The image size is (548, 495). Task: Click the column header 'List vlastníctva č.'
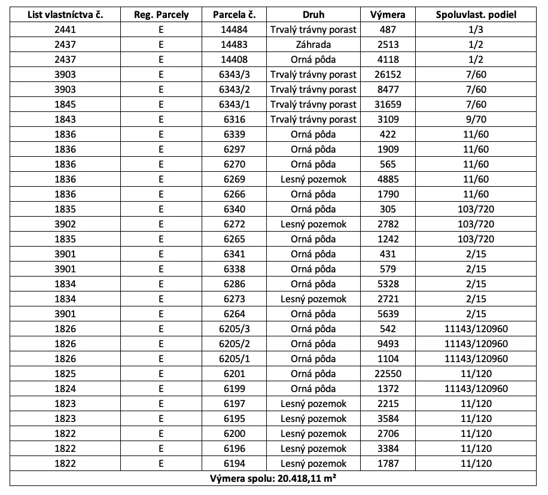66,15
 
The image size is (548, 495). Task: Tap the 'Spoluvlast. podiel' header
476,15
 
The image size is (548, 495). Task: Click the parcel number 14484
234,30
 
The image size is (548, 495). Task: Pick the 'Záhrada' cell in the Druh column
313,45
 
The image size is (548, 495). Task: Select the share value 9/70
476,120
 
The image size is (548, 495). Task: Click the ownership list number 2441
66,30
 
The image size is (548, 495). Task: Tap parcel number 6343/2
234,90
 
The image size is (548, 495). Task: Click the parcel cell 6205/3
234,329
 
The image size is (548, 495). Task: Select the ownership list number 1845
66,105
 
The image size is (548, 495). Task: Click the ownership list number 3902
66,224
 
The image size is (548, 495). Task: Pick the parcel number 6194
234,464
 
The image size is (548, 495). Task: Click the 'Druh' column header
313,15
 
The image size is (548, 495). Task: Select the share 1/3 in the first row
476,30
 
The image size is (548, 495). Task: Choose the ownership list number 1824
66,389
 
